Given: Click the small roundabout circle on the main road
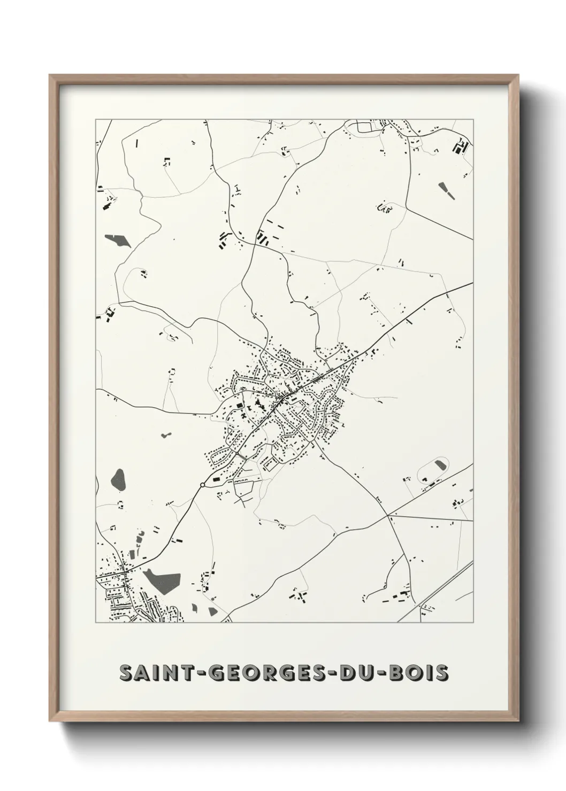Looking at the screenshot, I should point(202,485).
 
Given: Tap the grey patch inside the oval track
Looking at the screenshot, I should point(441,464).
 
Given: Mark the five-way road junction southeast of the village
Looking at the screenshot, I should point(387,516).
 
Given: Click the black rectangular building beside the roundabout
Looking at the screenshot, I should point(216,480).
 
